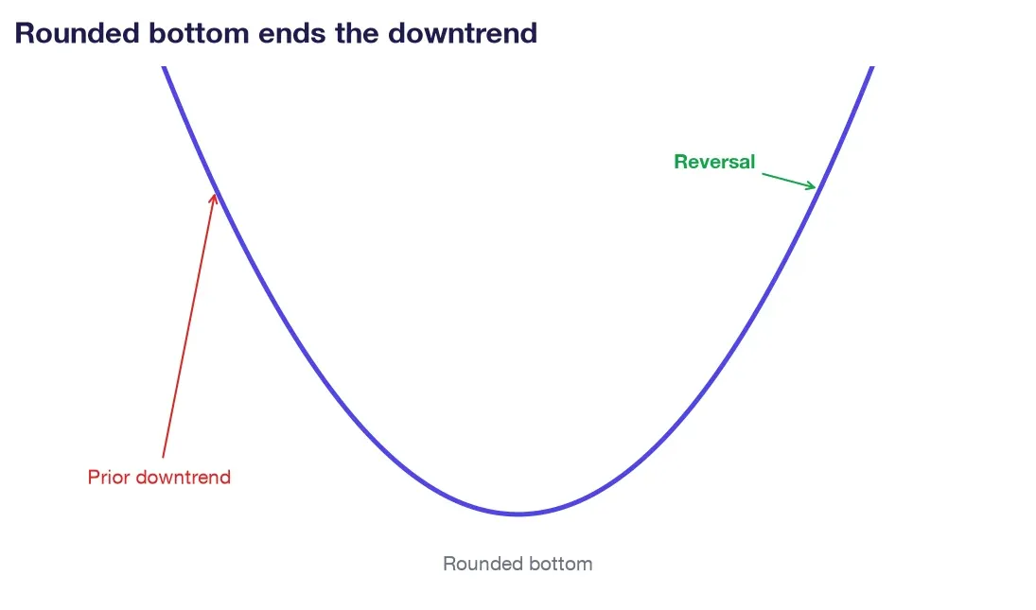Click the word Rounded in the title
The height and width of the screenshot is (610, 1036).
[x=78, y=33]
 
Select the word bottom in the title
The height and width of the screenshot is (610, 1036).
[x=199, y=33]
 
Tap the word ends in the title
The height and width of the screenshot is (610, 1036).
[x=291, y=33]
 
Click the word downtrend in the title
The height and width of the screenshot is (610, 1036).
[x=463, y=33]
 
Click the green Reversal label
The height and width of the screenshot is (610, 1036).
[x=714, y=162]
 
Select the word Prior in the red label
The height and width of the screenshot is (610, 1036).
[x=109, y=478]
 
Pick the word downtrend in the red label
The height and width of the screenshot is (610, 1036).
[x=183, y=478]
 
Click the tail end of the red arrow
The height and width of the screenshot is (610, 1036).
[x=163, y=457]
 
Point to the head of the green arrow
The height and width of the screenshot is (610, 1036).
[x=816, y=187]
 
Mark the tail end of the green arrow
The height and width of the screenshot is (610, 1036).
[x=763, y=174]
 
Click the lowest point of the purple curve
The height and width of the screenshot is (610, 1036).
[x=518, y=514]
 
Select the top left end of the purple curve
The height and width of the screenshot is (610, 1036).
[x=164, y=67]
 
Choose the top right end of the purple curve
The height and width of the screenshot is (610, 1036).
[x=872, y=67]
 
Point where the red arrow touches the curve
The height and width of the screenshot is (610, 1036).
[x=215, y=194]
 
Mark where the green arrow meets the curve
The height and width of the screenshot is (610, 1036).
[x=817, y=187]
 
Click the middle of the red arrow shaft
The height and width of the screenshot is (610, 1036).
[x=188, y=325]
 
